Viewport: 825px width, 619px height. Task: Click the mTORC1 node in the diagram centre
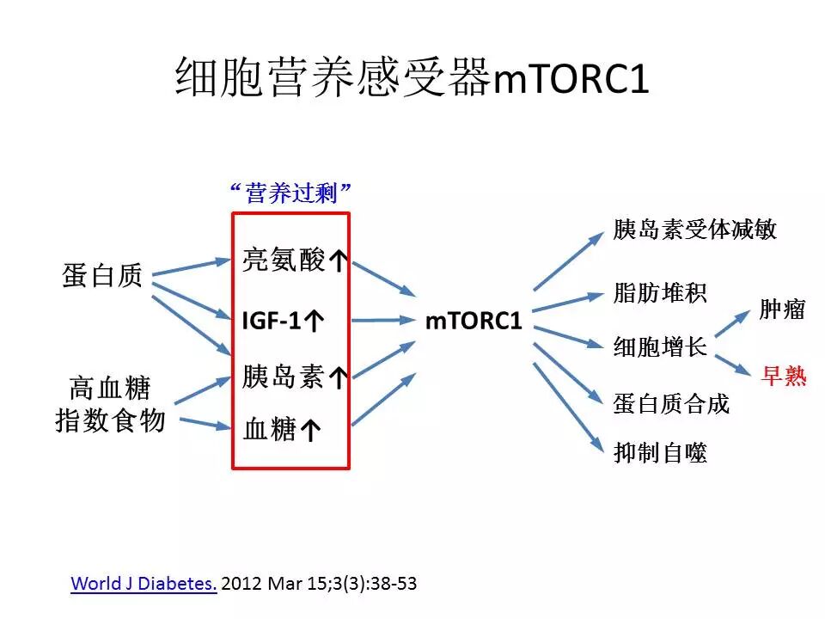click(474, 322)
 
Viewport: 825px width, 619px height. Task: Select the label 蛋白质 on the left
click(102, 276)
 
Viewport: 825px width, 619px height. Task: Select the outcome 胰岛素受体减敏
click(695, 230)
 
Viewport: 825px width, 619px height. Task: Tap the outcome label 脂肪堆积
click(660, 292)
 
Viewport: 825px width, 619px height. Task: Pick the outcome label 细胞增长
click(660, 347)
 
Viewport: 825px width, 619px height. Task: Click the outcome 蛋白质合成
click(671, 403)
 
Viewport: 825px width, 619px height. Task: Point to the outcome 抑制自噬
click(660, 454)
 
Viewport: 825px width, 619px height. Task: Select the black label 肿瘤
click(782, 309)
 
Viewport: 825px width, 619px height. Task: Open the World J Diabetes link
click(144, 584)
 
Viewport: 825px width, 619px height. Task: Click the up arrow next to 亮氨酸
click(339, 262)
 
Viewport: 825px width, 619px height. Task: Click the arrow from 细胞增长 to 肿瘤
click(731, 324)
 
